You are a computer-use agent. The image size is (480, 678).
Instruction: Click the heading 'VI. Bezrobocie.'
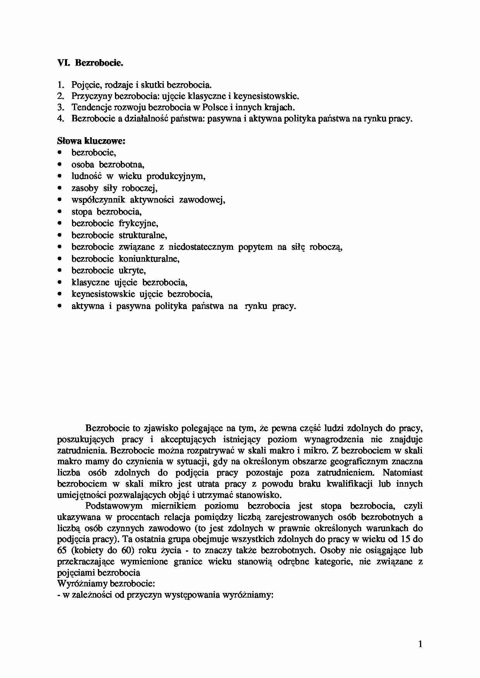(90, 63)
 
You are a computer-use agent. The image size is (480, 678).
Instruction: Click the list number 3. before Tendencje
(60, 107)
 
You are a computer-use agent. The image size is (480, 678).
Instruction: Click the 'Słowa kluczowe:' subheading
(91, 141)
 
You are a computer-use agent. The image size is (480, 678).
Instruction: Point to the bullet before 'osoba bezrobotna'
(59, 165)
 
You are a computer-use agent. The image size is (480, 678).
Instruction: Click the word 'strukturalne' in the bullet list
(143, 235)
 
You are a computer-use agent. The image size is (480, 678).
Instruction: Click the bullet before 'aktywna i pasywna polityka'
(59, 306)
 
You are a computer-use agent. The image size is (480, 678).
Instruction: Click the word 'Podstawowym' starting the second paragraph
(114, 506)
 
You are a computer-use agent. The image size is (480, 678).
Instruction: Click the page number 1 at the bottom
(420, 644)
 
